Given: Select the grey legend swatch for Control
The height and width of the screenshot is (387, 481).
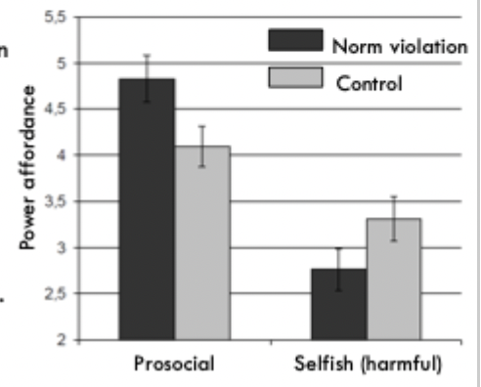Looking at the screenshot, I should [x=295, y=77].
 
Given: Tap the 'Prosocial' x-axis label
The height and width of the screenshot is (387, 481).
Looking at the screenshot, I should [x=173, y=365].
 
